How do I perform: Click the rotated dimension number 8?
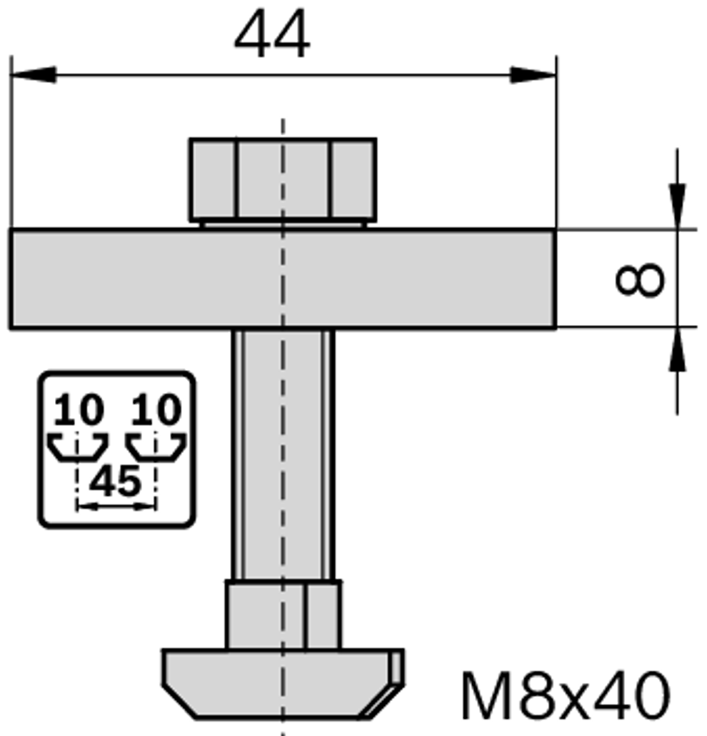tap(640, 279)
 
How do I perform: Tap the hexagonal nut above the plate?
tap(283, 179)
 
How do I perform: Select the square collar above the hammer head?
tap(283, 615)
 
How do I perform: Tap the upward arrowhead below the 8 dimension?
tap(677, 350)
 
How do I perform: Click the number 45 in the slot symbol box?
tap(116, 482)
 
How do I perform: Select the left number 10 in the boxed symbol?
tap(79, 411)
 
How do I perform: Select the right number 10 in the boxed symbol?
tap(155, 411)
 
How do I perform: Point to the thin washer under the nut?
tap(283, 224)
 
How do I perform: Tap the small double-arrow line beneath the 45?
tap(116, 506)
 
